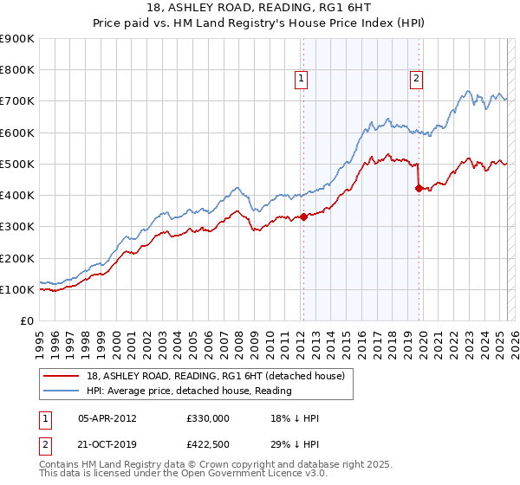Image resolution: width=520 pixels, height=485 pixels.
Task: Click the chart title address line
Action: coord(260,9)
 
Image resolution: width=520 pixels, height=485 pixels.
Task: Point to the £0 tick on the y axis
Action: coord(28,320)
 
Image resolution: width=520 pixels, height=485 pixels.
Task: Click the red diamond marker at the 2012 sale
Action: coord(303,217)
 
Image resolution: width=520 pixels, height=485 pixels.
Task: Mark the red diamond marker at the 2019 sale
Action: coord(419,188)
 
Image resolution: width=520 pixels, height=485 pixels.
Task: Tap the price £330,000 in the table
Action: coord(207,418)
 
